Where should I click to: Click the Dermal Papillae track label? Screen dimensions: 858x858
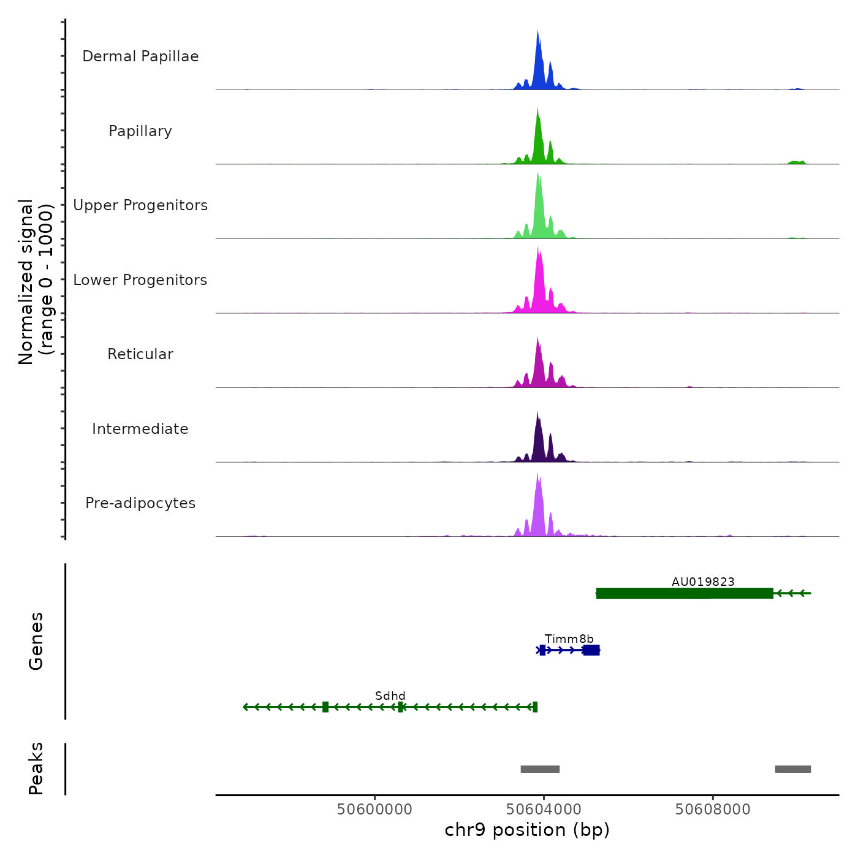point(140,56)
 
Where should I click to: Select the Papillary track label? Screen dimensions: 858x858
point(140,131)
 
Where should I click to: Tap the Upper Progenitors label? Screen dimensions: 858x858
point(140,205)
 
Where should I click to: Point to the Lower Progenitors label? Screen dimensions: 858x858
point(140,280)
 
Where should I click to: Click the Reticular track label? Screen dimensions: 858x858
point(140,354)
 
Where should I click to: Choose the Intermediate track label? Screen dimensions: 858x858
point(140,429)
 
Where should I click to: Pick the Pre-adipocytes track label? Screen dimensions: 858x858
point(140,503)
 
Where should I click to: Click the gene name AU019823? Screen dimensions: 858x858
point(703,582)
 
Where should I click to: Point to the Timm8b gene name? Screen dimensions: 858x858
point(569,639)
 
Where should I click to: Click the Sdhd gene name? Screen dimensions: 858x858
point(390,696)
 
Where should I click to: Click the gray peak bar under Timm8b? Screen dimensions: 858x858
point(540,769)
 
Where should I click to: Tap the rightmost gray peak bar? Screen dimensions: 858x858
point(792,769)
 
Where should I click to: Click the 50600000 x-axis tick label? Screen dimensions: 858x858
point(374,810)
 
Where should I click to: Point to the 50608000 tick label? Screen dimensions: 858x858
point(713,810)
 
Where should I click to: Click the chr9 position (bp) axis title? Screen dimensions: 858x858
point(527,830)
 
